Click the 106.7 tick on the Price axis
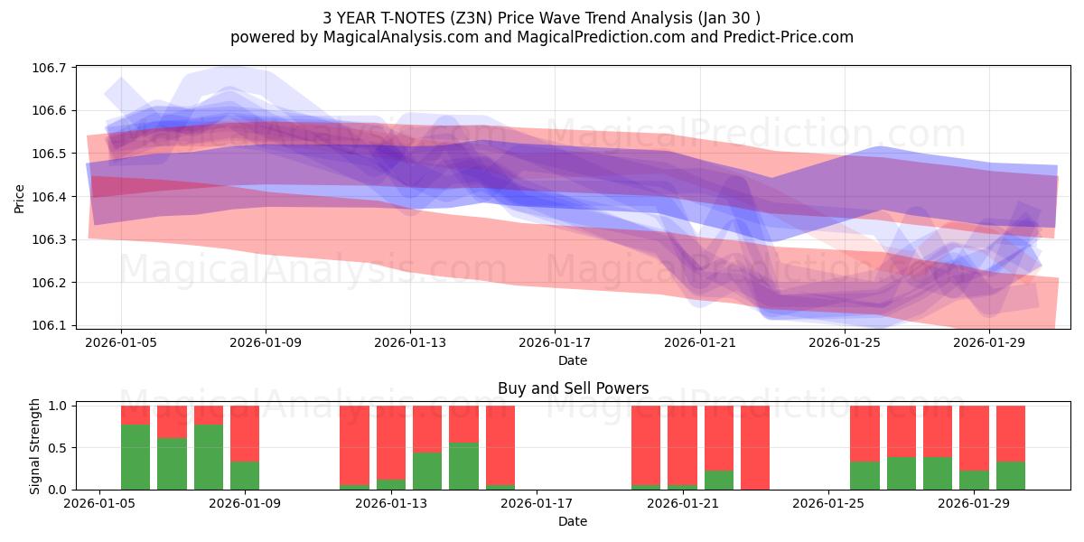tap(53, 68)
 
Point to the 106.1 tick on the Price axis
tap(53, 325)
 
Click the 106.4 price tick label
tap(53, 197)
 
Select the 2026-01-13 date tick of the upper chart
tap(410, 342)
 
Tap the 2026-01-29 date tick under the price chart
tap(989, 342)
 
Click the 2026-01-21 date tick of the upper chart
tap(700, 342)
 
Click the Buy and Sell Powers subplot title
tap(573, 389)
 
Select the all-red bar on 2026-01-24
tap(755, 447)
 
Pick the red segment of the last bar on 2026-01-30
tap(1011, 434)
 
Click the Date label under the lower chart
tap(573, 521)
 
